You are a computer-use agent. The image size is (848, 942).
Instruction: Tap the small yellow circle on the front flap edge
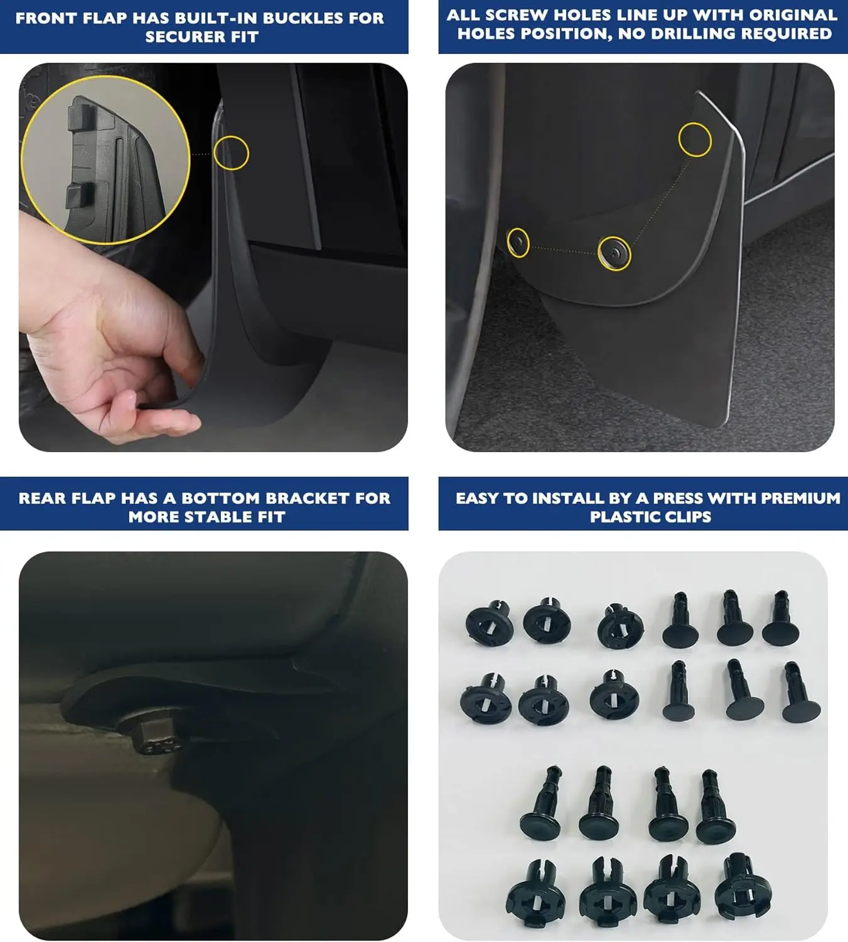(x=232, y=153)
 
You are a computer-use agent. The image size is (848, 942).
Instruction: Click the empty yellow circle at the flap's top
(x=695, y=140)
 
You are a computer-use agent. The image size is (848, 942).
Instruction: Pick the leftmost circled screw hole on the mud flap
(x=518, y=242)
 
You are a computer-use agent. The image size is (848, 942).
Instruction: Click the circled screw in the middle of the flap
(x=614, y=254)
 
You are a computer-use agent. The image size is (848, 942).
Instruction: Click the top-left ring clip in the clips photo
(x=489, y=622)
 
